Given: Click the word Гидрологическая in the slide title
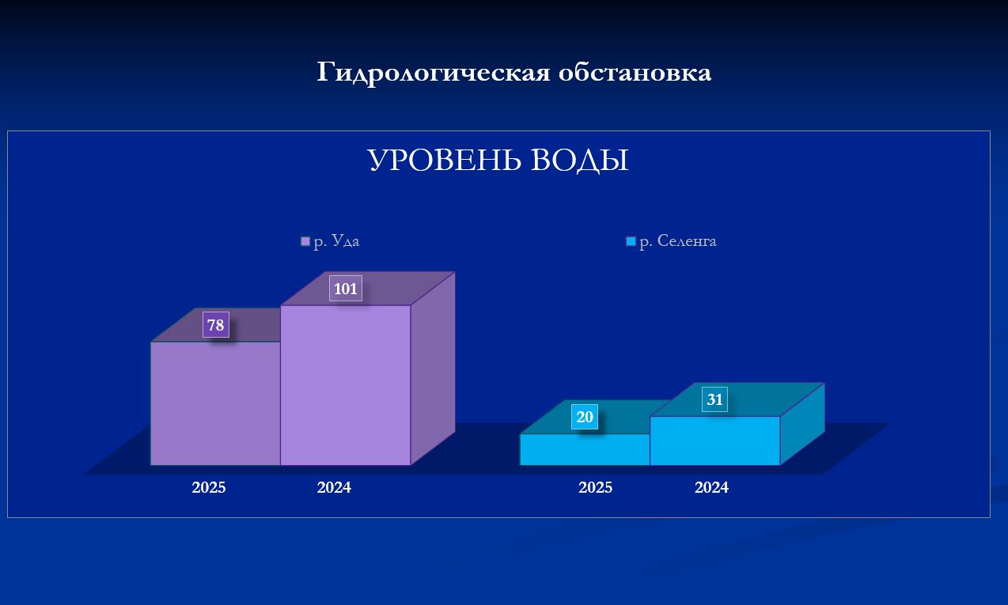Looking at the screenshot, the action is [x=434, y=73].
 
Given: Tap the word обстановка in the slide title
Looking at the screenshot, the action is [x=635, y=73].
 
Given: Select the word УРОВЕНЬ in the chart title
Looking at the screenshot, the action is [x=445, y=160].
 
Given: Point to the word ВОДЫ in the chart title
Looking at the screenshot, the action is [x=580, y=161].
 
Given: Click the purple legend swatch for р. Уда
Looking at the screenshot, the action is [x=305, y=241].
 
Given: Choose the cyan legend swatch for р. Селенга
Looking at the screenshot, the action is [x=631, y=241].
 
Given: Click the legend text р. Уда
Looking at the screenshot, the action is [x=336, y=241].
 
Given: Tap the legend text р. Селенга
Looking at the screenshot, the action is [x=678, y=241].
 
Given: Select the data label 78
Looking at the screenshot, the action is [x=215, y=325].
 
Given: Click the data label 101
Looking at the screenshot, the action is [x=346, y=289].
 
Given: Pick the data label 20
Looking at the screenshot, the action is [x=585, y=417].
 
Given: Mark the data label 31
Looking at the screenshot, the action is [x=714, y=399].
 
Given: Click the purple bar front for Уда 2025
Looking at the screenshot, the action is [x=215, y=403].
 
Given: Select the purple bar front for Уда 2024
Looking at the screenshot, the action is [x=346, y=385].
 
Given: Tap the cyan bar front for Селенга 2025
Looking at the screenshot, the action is [x=585, y=449].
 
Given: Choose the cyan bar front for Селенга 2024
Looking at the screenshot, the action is [x=715, y=441].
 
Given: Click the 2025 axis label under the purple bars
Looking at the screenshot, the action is [x=209, y=488].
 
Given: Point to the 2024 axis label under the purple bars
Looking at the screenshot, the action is [x=334, y=488].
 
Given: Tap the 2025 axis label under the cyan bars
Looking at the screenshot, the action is [x=595, y=488].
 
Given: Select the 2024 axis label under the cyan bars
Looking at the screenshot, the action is [x=711, y=488].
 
